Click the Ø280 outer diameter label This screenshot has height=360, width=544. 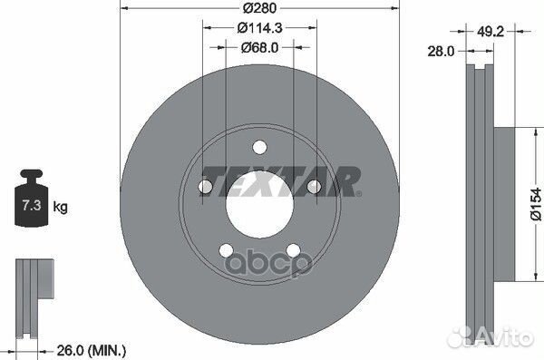coord(259,9)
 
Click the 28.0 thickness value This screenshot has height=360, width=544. coord(442,53)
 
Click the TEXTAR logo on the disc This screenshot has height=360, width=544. coord(280,180)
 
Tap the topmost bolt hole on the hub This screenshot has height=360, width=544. coord(259,147)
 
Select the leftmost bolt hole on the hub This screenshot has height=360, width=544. coord(205,187)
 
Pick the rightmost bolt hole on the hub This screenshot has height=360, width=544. coord(314,187)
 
